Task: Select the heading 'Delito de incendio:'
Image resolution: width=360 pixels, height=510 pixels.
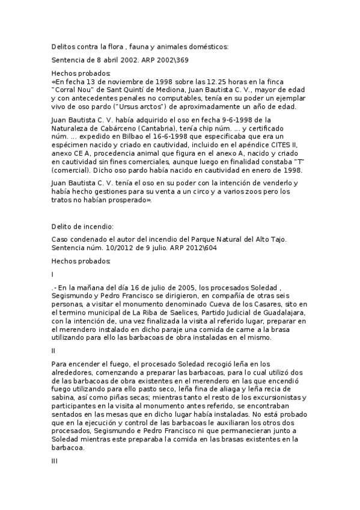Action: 82,226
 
